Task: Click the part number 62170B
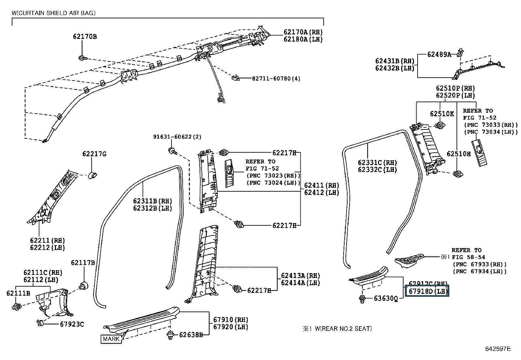pos(85,37)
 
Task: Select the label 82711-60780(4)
pos(276,79)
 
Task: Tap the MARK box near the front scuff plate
pos(111,339)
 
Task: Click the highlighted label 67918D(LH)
pos(427,291)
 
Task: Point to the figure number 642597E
pos(498,349)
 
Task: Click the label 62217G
pos(94,154)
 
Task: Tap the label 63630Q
pos(386,298)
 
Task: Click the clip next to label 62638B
pos(170,335)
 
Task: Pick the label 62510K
pos(442,114)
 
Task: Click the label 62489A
pos(439,54)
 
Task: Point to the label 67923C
pos(72,324)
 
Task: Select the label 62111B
pos(18,293)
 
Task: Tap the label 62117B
pos(83,263)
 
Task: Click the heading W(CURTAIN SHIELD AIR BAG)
pos(54,13)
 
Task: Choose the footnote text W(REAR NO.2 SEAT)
pos(343,329)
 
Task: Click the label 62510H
pos(458,154)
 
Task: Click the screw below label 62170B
pos(82,59)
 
